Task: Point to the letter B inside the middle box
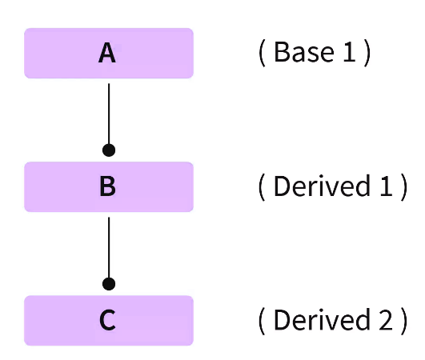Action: click(x=108, y=187)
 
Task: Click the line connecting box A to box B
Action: click(x=109, y=112)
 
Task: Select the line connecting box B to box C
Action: click(x=109, y=246)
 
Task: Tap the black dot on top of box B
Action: click(x=109, y=150)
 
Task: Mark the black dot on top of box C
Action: click(x=109, y=283)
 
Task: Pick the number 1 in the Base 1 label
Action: click(x=349, y=53)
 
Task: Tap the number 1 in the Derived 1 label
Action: click(x=385, y=186)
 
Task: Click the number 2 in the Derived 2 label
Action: click(x=385, y=320)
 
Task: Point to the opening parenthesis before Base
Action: click(x=261, y=54)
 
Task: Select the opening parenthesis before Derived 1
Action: click(x=261, y=187)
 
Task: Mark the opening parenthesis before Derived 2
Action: click(x=261, y=321)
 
